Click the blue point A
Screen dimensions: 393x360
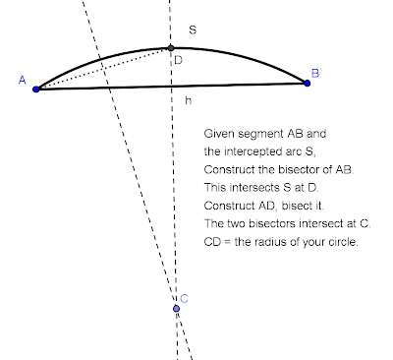coord(36,89)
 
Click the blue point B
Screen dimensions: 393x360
coord(308,83)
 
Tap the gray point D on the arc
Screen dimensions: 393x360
coord(171,47)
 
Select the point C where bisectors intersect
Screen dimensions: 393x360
coord(176,309)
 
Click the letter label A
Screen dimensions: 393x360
coord(22,82)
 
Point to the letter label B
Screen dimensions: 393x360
coord(314,72)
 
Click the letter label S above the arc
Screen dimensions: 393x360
coord(193,30)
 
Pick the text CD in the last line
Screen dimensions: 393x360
coord(212,242)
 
